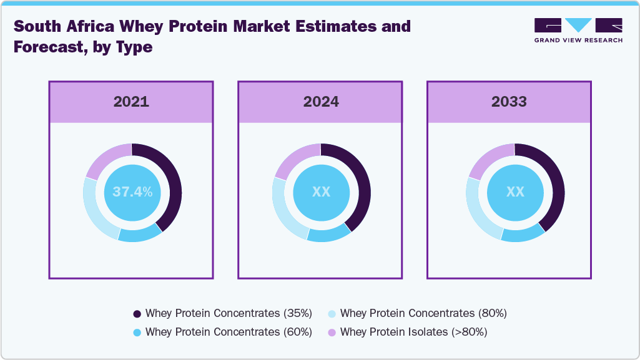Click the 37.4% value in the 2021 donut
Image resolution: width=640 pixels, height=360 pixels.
pos(132,192)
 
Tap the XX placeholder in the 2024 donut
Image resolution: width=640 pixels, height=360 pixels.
pos(321,192)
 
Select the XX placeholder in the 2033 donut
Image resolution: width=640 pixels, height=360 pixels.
pos(515,192)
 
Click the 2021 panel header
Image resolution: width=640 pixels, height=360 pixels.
pos(131,102)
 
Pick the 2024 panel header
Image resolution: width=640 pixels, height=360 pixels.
pos(321,102)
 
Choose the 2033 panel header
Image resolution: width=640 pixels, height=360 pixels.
pos(509,102)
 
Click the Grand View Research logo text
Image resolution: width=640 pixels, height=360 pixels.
pos(578,40)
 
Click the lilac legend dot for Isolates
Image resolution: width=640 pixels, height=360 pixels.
pos(332,333)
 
